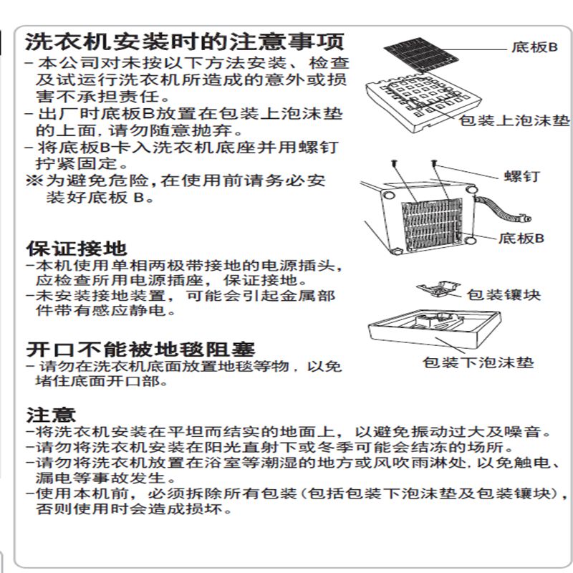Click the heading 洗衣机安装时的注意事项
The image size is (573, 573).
tap(185, 40)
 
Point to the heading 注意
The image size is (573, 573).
tap(51, 415)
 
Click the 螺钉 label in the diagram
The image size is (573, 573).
tap(521, 175)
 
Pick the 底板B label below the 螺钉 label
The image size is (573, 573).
tap(521, 238)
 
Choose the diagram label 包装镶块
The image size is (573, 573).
tap(504, 294)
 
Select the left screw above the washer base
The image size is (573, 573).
tap(395, 164)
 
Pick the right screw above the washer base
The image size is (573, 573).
tap(435, 165)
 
